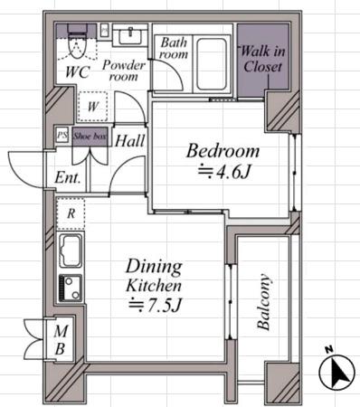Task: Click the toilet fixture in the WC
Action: click(x=78, y=42)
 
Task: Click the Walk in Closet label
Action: click(x=262, y=59)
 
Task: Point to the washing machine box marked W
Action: click(x=92, y=106)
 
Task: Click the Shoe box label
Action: click(x=90, y=136)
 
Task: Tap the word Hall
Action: click(x=130, y=141)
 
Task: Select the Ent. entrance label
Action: click(x=68, y=178)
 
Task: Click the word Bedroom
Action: click(x=223, y=151)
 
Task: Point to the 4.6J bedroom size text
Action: click(x=224, y=172)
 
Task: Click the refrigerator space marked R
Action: click(x=71, y=213)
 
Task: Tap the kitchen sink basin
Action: click(x=71, y=251)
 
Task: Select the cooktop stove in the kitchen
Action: click(x=71, y=288)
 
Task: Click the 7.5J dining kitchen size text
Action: click(x=155, y=306)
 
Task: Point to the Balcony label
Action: click(x=263, y=301)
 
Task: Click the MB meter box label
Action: click(x=61, y=340)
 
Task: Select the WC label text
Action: click(x=78, y=72)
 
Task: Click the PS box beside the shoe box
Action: click(x=62, y=135)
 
